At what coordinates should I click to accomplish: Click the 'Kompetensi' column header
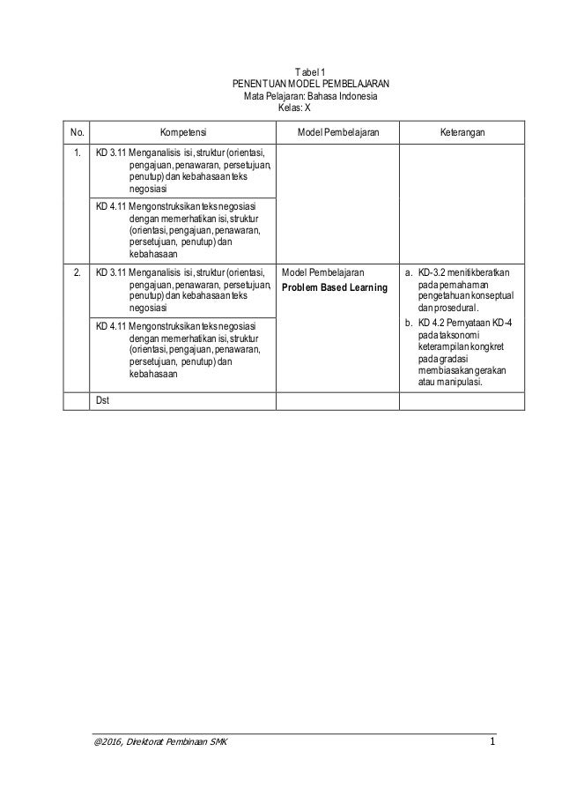(183, 134)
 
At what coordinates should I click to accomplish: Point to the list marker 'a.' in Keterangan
(408, 272)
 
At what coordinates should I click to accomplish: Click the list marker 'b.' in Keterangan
(408, 324)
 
